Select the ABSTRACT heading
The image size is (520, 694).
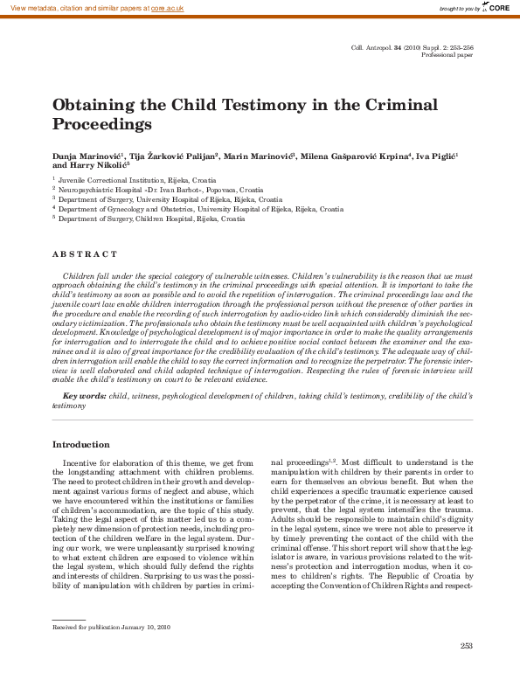(84, 253)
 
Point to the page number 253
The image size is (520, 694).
(466, 645)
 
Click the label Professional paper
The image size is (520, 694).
(447, 54)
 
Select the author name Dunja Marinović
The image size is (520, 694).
(88, 155)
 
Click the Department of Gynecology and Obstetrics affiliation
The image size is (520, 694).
(200, 210)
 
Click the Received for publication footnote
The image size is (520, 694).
(111, 603)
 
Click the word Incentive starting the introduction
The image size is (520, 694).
(82, 462)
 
